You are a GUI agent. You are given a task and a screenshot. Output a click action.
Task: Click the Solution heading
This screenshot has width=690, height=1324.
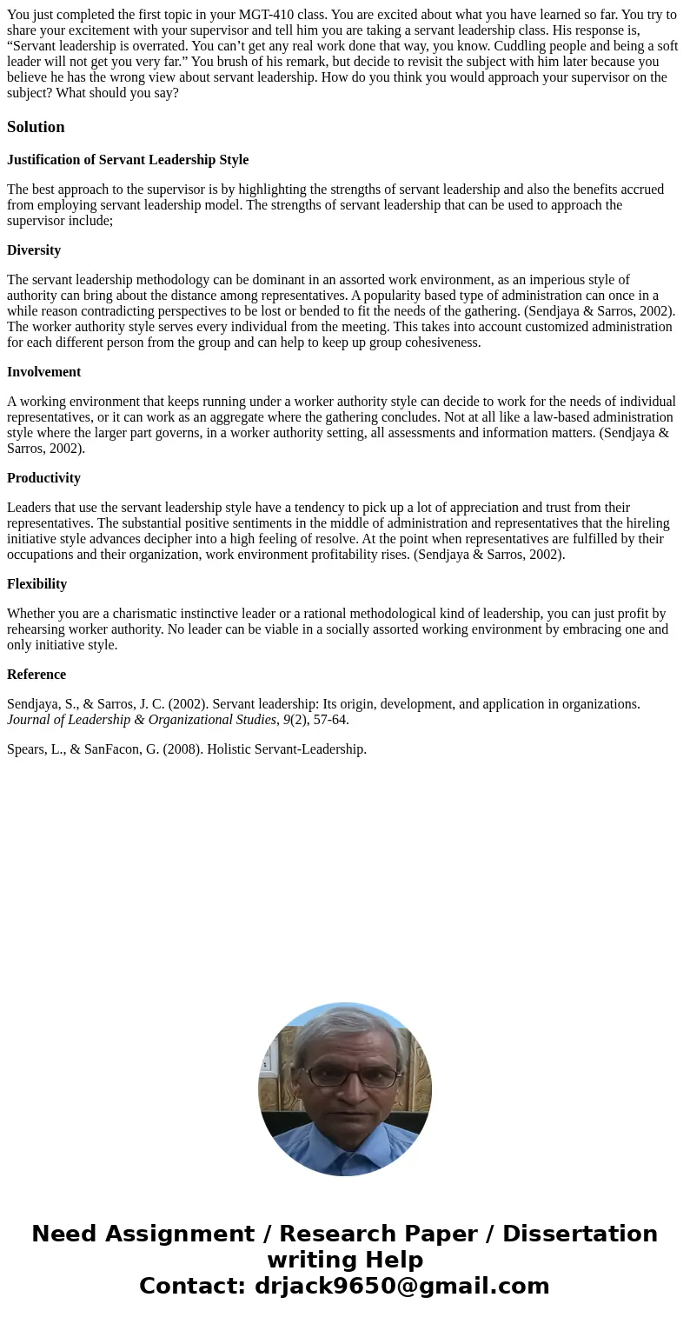[x=36, y=127]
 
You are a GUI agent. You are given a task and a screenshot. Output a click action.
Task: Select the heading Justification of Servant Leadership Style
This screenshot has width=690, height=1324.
[x=128, y=160]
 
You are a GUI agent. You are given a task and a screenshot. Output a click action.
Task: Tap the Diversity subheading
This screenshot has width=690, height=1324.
[x=34, y=250]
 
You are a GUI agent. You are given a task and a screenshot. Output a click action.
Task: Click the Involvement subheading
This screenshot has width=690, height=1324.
[x=43, y=372]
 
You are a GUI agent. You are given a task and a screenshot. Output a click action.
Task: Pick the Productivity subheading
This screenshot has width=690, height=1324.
[x=43, y=478]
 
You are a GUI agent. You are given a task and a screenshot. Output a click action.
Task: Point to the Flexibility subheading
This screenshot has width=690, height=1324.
[x=36, y=584]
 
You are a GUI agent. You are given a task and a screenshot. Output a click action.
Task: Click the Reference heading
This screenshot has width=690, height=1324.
[x=36, y=675]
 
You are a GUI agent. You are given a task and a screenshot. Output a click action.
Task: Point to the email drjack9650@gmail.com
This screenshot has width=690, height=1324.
[x=401, y=1287]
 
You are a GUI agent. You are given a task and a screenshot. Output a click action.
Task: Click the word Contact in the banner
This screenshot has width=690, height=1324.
[x=192, y=1287]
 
